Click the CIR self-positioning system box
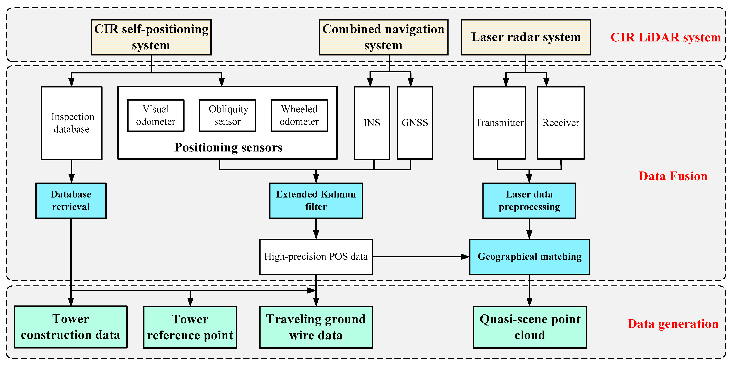(x=151, y=37)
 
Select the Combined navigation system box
(x=383, y=37)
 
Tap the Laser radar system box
(x=526, y=37)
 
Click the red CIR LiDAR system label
(x=665, y=37)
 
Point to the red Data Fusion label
(x=673, y=176)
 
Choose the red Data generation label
(x=673, y=324)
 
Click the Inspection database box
(x=71, y=123)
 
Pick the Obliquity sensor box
(x=227, y=115)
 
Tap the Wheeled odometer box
(x=299, y=115)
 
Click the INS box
(x=372, y=123)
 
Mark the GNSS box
(x=415, y=123)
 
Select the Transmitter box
(x=499, y=123)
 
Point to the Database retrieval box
(x=71, y=200)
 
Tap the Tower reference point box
(x=190, y=327)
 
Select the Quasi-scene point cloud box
(x=530, y=327)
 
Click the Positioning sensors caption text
(x=228, y=147)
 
